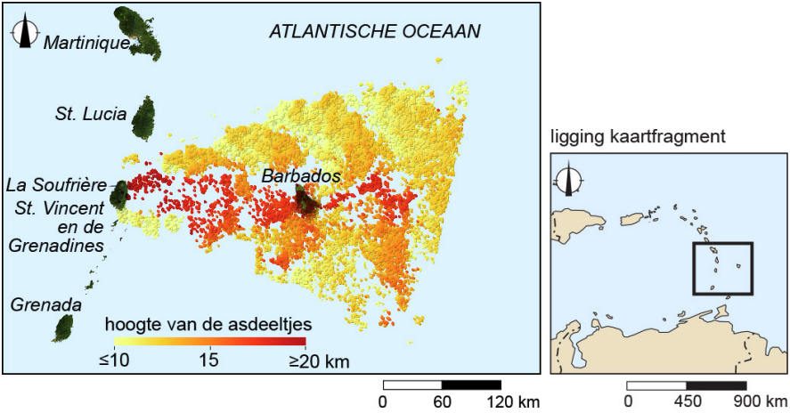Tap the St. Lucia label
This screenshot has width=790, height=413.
point(86,113)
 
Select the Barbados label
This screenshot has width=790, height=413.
point(301,176)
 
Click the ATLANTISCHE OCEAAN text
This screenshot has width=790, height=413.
point(375,32)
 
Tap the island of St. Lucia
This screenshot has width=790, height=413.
point(143,117)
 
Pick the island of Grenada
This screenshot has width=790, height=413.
point(63,328)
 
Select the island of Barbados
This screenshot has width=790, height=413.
point(307,201)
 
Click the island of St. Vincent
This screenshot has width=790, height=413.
point(118,194)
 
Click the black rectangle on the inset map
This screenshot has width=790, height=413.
point(722,268)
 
